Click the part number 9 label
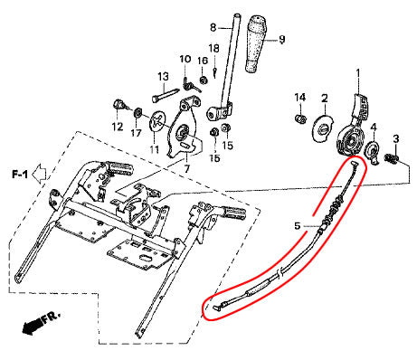(x=281, y=40)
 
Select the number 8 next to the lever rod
(x=213, y=28)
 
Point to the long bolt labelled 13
(x=166, y=95)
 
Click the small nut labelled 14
(x=300, y=118)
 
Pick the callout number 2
(x=325, y=98)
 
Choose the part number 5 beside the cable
(x=298, y=225)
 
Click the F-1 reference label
(x=20, y=174)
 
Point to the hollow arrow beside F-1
(x=39, y=175)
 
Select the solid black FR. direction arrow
(x=32, y=326)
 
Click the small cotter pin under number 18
(x=214, y=72)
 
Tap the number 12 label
(x=118, y=127)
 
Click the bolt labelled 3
(x=392, y=157)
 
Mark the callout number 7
(x=186, y=168)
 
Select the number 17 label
(x=136, y=133)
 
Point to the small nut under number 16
(x=204, y=81)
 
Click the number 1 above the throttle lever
(x=358, y=73)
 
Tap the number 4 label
(x=374, y=127)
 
